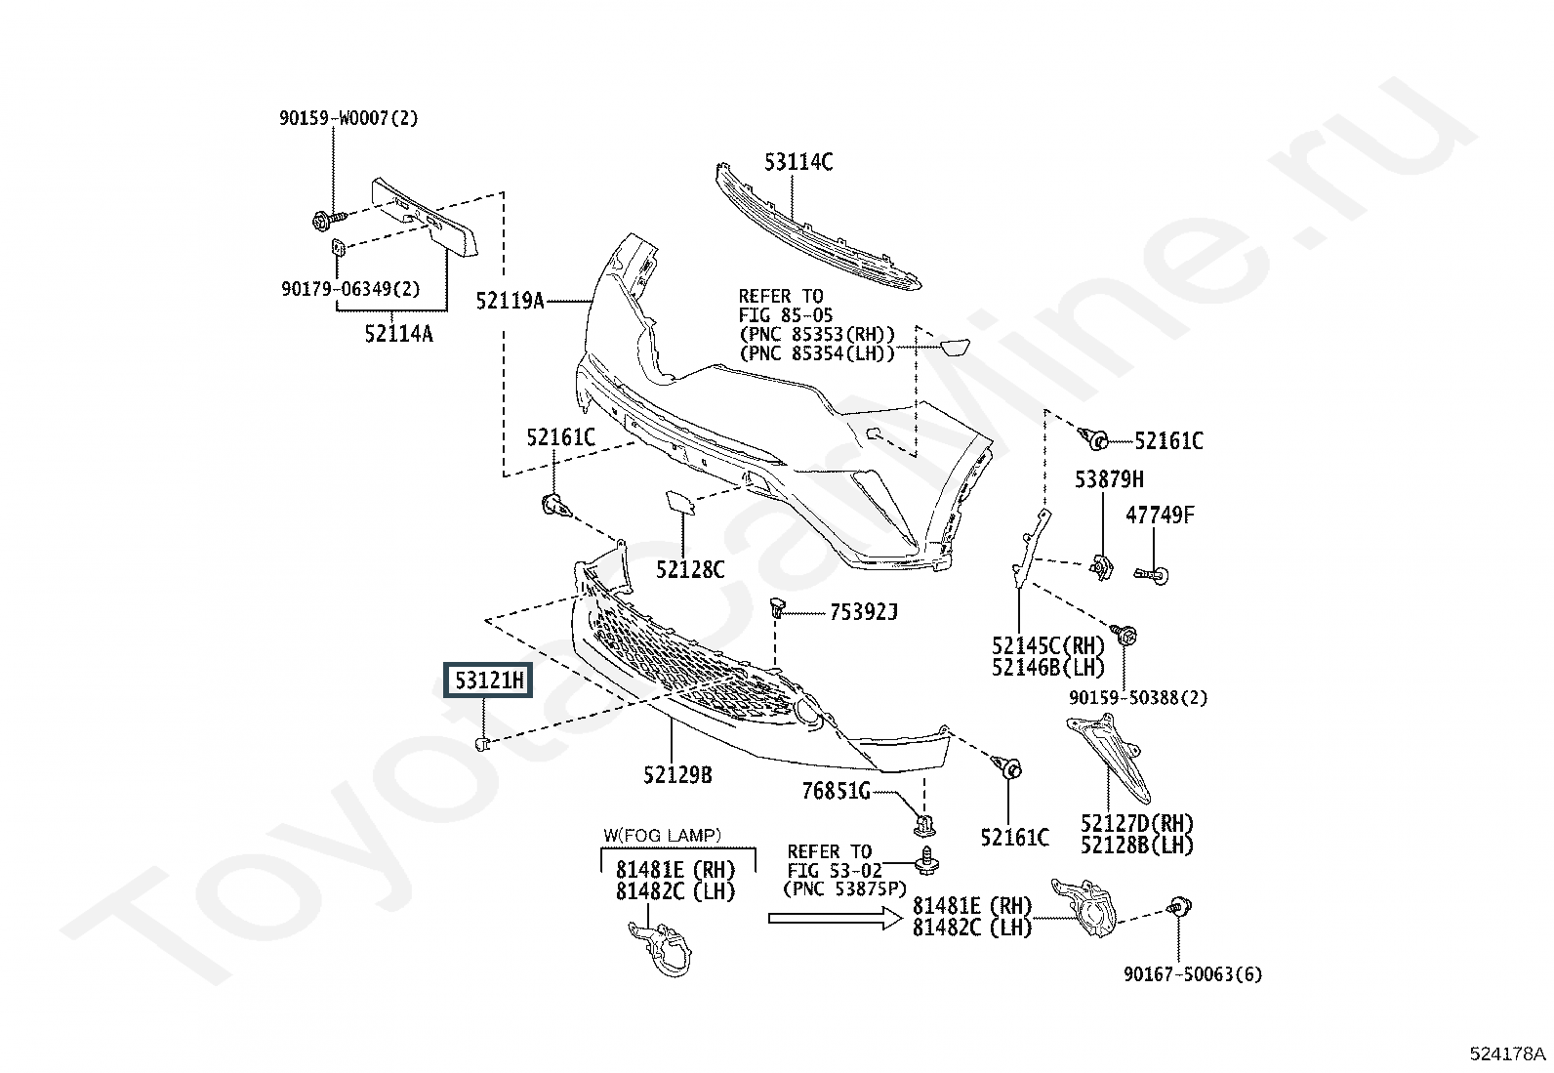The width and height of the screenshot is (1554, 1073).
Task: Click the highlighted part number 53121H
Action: click(x=488, y=681)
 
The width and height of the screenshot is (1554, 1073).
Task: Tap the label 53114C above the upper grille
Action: click(x=798, y=162)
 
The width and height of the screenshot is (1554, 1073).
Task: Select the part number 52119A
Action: click(x=510, y=301)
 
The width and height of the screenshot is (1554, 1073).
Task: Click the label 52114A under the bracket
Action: click(x=399, y=334)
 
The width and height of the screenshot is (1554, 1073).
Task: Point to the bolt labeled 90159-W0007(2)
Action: click(x=329, y=221)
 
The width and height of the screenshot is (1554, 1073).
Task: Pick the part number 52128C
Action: click(x=690, y=570)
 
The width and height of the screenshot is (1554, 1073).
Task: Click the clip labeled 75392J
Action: click(x=777, y=608)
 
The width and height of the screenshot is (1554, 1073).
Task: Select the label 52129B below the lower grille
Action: click(x=677, y=774)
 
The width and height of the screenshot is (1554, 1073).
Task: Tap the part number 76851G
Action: click(x=836, y=791)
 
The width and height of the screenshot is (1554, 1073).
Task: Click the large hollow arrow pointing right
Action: click(x=836, y=918)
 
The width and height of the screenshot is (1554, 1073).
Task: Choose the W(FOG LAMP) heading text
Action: click(x=662, y=835)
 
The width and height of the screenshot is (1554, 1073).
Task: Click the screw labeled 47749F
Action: click(x=1152, y=575)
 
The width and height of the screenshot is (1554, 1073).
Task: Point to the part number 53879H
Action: click(x=1109, y=479)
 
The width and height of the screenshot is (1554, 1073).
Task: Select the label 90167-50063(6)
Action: click(x=1193, y=974)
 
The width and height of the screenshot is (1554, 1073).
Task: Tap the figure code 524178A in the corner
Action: click(x=1507, y=1053)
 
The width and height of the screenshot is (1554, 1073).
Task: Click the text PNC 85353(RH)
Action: click(x=818, y=334)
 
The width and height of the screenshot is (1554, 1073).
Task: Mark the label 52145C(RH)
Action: click(x=1047, y=645)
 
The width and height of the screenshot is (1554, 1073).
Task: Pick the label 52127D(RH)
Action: click(x=1137, y=824)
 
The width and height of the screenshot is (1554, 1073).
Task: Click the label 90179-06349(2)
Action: click(x=351, y=289)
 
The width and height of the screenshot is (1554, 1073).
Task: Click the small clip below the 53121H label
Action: click(x=482, y=744)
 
